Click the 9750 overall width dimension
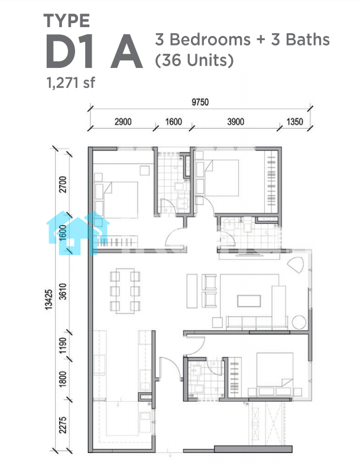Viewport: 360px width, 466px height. (200, 102)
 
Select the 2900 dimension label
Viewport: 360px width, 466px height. (123, 122)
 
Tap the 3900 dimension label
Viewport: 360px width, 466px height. (236, 122)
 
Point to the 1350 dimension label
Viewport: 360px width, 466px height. (294, 122)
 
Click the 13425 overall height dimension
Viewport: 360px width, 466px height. (48, 299)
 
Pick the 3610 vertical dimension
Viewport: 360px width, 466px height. (63, 291)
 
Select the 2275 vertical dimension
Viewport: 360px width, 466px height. (63, 425)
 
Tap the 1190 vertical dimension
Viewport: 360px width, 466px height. (63, 346)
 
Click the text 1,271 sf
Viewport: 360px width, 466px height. (71, 83)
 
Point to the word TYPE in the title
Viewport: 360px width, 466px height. (67, 21)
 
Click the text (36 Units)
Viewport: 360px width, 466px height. (194, 60)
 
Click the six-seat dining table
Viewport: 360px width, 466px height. (125, 291)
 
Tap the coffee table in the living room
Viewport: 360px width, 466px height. (249, 301)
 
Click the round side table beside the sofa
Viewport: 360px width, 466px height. (299, 322)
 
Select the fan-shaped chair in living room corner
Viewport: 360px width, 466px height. (296, 264)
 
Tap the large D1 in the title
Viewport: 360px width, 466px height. (70, 51)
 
